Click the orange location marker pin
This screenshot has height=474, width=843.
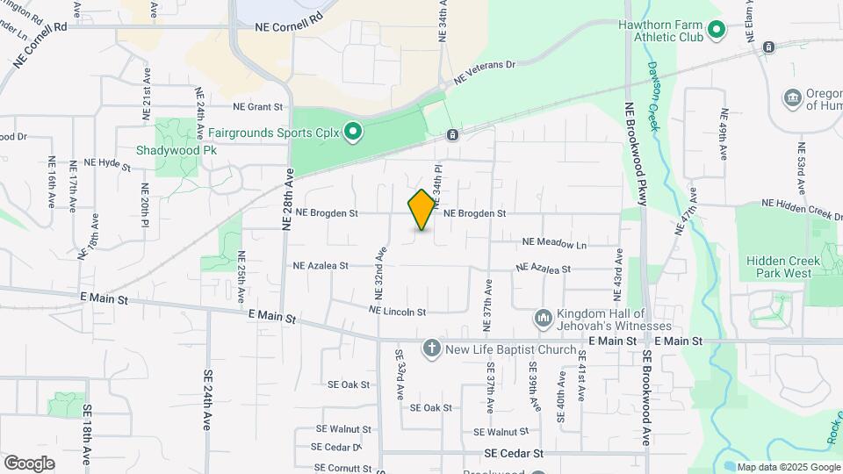pyautogui.click(x=421, y=210)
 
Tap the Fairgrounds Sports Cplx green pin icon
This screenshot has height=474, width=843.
pyautogui.click(x=353, y=133)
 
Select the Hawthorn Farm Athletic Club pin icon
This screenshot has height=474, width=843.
pyautogui.click(x=717, y=31)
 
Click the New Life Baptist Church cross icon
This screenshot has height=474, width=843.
pyautogui.click(x=431, y=349)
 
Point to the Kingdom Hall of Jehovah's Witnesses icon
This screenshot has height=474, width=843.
pyautogui.click(x=543, y=317)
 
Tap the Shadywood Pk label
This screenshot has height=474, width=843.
pyautogui.click(x=176, y=150)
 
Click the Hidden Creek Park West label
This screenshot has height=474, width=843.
pyautogui.click(x=783, y=267)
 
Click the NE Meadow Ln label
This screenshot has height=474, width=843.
pyautogui.click(x=554, y=242)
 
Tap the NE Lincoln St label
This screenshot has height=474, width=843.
pyautogui.click(x=398, y=312)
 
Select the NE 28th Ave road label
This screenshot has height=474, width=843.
pyautogui.click(x=286, y=199)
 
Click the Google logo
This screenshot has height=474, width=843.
pyautogui.click(x=28, y=463)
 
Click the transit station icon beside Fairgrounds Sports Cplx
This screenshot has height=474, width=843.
pyautogui.click(x=451, y=135)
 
